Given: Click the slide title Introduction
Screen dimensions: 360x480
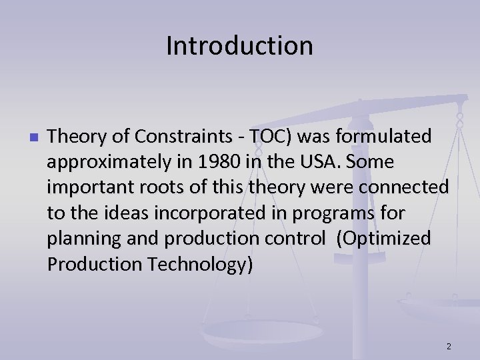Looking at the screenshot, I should coord(239,46).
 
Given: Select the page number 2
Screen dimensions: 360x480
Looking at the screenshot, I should coord(449,346).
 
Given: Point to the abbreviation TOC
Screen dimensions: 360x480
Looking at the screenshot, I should coord(270,137).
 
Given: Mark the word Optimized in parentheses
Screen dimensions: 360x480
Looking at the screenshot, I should coord(385,238).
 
